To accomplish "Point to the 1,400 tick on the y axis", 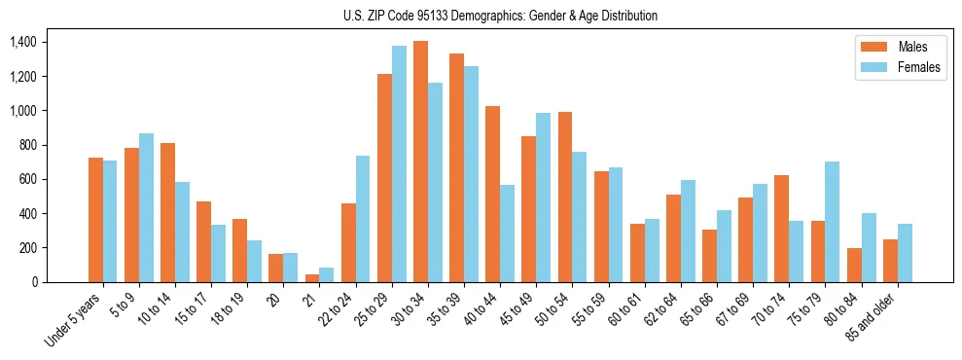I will pyautogui.click(x=22, y=42).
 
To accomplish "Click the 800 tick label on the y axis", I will pyautogui.click(x=26, y=145).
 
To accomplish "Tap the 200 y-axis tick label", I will pyautogui.click(x=26, y=247).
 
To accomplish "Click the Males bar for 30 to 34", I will pyautogui.click(x=420, y=162).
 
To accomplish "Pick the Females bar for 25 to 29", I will pyautogui.click(x=399, y=163).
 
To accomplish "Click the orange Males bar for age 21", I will pyautogui.click(x=312, y=278).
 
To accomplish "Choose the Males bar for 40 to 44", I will pyautogui.click(x=492, y=194).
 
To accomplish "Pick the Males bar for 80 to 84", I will pyautogui.click(x=854, y=265).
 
